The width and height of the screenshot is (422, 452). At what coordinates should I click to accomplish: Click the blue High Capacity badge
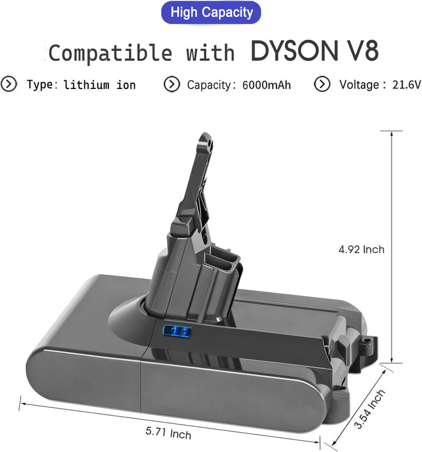tap(211, 12)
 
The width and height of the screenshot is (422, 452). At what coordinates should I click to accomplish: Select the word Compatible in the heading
tap(110, 53)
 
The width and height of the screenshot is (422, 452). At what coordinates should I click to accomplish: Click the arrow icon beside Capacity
tap(171, 84)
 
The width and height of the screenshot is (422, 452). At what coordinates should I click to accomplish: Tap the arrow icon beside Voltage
tap(322, 84)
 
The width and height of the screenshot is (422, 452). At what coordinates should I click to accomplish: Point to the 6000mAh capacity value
tap(267, 85)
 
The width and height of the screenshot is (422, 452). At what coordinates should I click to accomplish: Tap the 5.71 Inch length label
tap(168, 433)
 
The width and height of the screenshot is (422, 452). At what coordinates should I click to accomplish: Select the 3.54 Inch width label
tap(372, 409)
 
